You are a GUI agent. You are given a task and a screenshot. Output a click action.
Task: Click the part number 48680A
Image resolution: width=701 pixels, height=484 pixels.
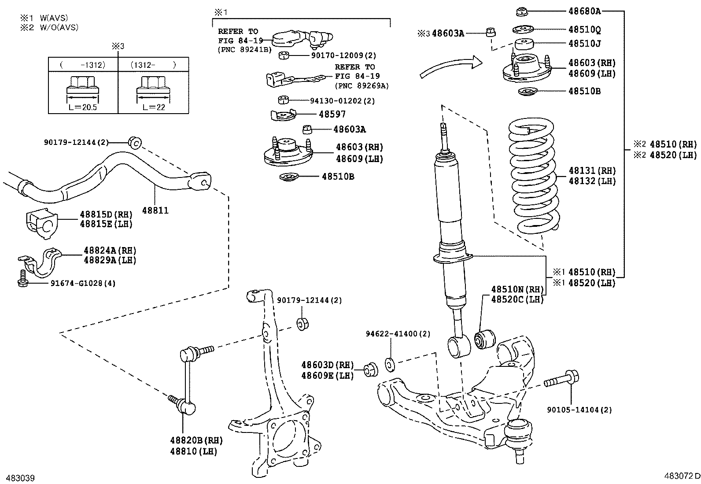584,11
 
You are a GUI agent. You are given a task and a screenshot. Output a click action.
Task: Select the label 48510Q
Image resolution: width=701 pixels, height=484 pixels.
584,30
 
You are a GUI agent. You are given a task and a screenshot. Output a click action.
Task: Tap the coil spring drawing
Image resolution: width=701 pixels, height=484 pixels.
534,176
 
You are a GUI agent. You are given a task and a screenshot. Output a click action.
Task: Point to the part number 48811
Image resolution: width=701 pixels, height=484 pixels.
155,211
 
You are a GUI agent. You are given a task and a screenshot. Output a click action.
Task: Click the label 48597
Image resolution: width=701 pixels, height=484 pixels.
332,114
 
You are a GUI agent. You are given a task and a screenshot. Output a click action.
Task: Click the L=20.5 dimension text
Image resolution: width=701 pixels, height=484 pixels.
83,107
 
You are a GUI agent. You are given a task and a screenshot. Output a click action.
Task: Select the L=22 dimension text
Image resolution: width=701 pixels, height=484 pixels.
154,107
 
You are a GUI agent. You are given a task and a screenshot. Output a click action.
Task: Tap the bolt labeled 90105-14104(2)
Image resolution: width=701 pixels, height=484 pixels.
561,379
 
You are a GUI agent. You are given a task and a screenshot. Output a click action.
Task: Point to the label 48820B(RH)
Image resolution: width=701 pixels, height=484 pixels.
196,440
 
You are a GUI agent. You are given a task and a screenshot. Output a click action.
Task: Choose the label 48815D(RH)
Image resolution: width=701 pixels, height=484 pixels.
106,214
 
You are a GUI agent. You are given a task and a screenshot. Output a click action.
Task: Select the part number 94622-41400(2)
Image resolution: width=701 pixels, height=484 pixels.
398,334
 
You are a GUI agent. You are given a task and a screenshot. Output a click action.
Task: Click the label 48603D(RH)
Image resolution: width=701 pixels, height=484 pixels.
327,365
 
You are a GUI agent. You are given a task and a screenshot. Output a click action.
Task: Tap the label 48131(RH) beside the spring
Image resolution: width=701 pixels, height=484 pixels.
591,170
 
